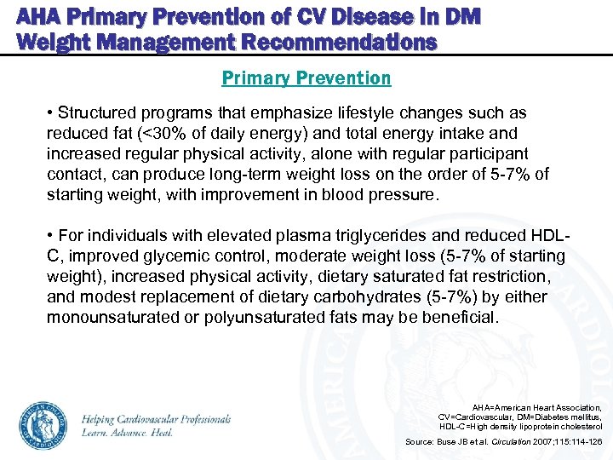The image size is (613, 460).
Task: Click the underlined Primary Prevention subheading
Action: point(306,78)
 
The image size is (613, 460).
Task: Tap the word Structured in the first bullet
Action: point(95,113)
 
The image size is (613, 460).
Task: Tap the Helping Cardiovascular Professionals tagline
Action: point(157,419)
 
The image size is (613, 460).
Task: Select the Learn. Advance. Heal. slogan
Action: point(128,433)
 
